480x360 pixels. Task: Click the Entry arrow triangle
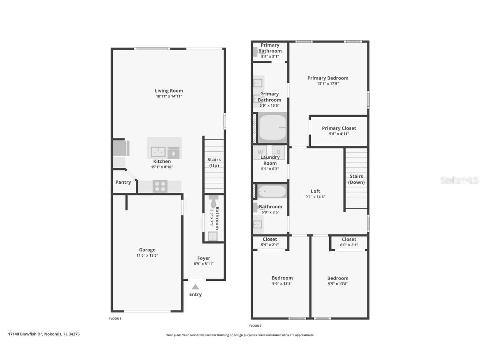tap(195, 287)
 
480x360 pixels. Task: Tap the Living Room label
tap(169, 91)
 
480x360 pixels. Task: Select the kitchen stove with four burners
tap(160, 186)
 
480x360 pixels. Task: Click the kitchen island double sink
tap(158, 152)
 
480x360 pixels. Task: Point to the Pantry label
tap(123, 182)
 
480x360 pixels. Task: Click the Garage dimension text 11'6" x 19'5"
tap(147, 255)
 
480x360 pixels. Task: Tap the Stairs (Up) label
tap(214, 162)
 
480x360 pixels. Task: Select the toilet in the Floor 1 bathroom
tap(214, 202)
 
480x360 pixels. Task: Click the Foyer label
tap(204, 258)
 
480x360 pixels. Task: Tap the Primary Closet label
tap(339, 128)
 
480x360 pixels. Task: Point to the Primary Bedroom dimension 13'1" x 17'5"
tap(327, 83)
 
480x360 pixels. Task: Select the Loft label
tap(315, 191)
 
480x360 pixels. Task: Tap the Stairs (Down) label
tap(356, 179)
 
